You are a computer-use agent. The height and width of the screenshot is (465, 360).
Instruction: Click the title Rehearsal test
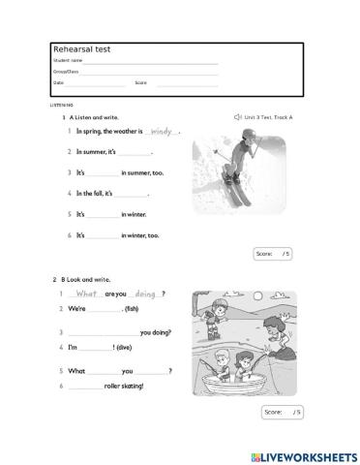77,48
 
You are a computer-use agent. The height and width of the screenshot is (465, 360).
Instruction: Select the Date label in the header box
57,82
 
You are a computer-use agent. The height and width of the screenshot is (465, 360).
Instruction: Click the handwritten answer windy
161,131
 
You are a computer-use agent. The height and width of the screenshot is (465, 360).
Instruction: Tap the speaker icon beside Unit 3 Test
238,116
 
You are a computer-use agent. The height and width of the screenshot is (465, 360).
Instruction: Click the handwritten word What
87,293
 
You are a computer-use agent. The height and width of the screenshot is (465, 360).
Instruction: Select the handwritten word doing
146,293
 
